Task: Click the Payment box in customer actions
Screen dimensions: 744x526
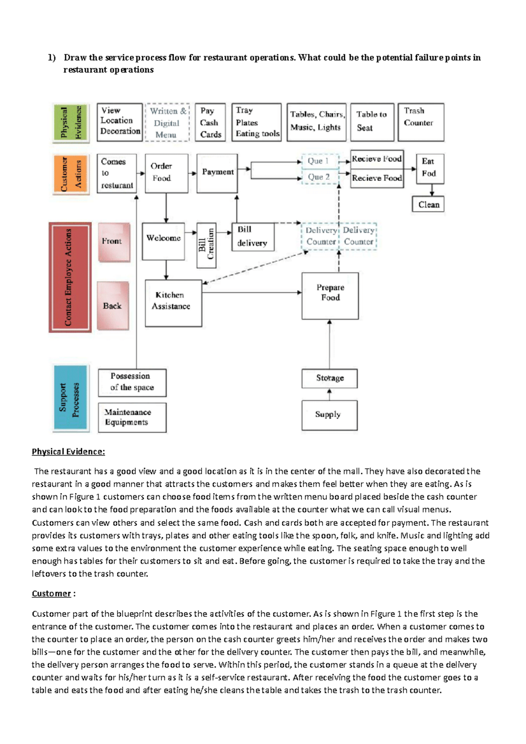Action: point(217,173)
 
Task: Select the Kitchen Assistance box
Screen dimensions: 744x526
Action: point(173,303)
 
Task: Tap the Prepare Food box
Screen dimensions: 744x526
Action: point(330,296)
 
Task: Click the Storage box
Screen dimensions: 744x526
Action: point(329,378)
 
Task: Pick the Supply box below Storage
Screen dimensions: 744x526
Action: point(329,415)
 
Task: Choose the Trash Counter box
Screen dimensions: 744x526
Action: point(420,122)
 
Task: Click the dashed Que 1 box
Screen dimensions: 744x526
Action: point(320,161)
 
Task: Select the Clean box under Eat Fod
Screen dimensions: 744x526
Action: point(428,205)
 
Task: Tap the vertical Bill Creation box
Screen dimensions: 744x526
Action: point(206,245)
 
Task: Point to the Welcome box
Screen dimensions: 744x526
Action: point(163,241)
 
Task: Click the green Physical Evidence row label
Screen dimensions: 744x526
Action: point(71,123)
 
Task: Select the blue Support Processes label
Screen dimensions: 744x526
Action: point(71,398)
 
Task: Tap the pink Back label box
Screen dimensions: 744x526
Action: point(113,306)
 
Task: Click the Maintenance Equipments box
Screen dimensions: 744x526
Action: point(132,418)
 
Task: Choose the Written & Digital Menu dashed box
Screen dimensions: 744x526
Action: point(167,123)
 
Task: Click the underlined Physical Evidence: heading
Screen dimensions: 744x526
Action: point(68,452)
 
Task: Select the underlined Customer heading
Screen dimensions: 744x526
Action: point(51,594)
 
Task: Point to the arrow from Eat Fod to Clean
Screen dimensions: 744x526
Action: point(432,190)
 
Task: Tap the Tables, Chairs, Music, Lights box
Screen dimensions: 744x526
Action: point(316,122)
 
